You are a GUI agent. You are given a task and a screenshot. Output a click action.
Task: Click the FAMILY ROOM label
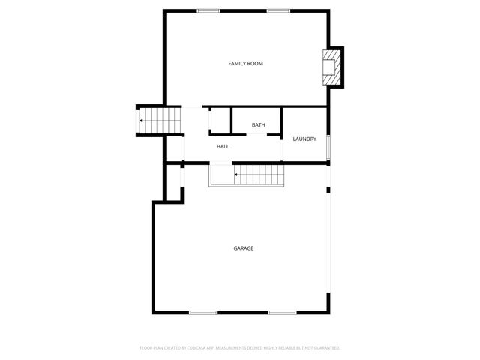pyautogui.click(x=245, y=64)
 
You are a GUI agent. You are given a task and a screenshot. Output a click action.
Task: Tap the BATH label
pyautogui.click(x=258, y=124)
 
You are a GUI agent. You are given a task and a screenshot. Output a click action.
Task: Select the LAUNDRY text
pyautogui.click(x=304, y=139)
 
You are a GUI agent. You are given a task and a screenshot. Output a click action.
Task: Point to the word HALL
pyautogui.click(x=223, y=146)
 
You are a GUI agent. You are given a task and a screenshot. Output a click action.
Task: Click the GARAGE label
pyautogui.click(x=243, y=247)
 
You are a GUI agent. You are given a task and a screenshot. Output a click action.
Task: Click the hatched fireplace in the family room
pyautogui.click(x=330, y=67)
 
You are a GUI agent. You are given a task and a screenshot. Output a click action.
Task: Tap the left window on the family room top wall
pyautogui.click(x=208, y=10)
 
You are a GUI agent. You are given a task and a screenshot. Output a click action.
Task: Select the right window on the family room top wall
pyautogui.click(x=279, y=10)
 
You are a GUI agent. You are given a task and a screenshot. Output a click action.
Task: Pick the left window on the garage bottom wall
pyautogui.click(x=203, y=312)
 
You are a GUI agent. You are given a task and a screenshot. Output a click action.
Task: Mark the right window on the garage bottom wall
pyautogui.click(x=282, y=312)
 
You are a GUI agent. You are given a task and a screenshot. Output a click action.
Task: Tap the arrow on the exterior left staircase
pyautogui.click(x=140, y=120)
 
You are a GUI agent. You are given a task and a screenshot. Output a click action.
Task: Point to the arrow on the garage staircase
pyautogui.click(x=237, y=175)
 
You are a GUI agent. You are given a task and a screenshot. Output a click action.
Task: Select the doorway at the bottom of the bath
pyautogui.click(x=256, y=136)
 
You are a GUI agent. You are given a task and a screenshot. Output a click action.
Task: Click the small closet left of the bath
pyautogui.click(x=219, y=121)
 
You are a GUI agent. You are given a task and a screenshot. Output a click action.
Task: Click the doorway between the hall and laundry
pyautogui.click(x=282, y=147)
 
